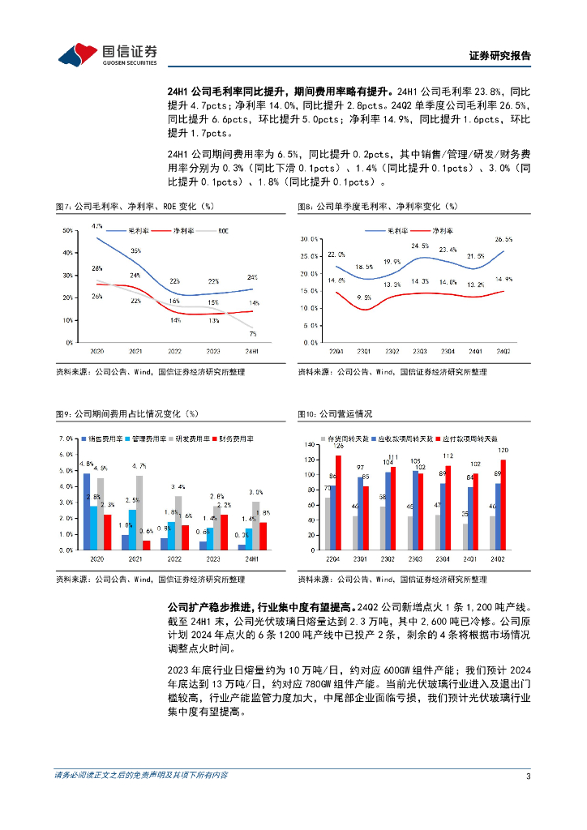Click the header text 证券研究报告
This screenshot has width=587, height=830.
click(x=499, y=56)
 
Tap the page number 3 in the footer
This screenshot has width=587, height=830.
click(x=528, y=776)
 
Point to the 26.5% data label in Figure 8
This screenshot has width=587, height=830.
click(x=503, y=239)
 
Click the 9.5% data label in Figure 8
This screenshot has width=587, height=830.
click(x=363, y=297)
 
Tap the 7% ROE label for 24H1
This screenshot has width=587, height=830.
click(x=252, y=333)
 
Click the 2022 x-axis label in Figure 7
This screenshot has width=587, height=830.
click(x=174, y=352)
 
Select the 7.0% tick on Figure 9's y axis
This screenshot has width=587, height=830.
click(x=65, y=439)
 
